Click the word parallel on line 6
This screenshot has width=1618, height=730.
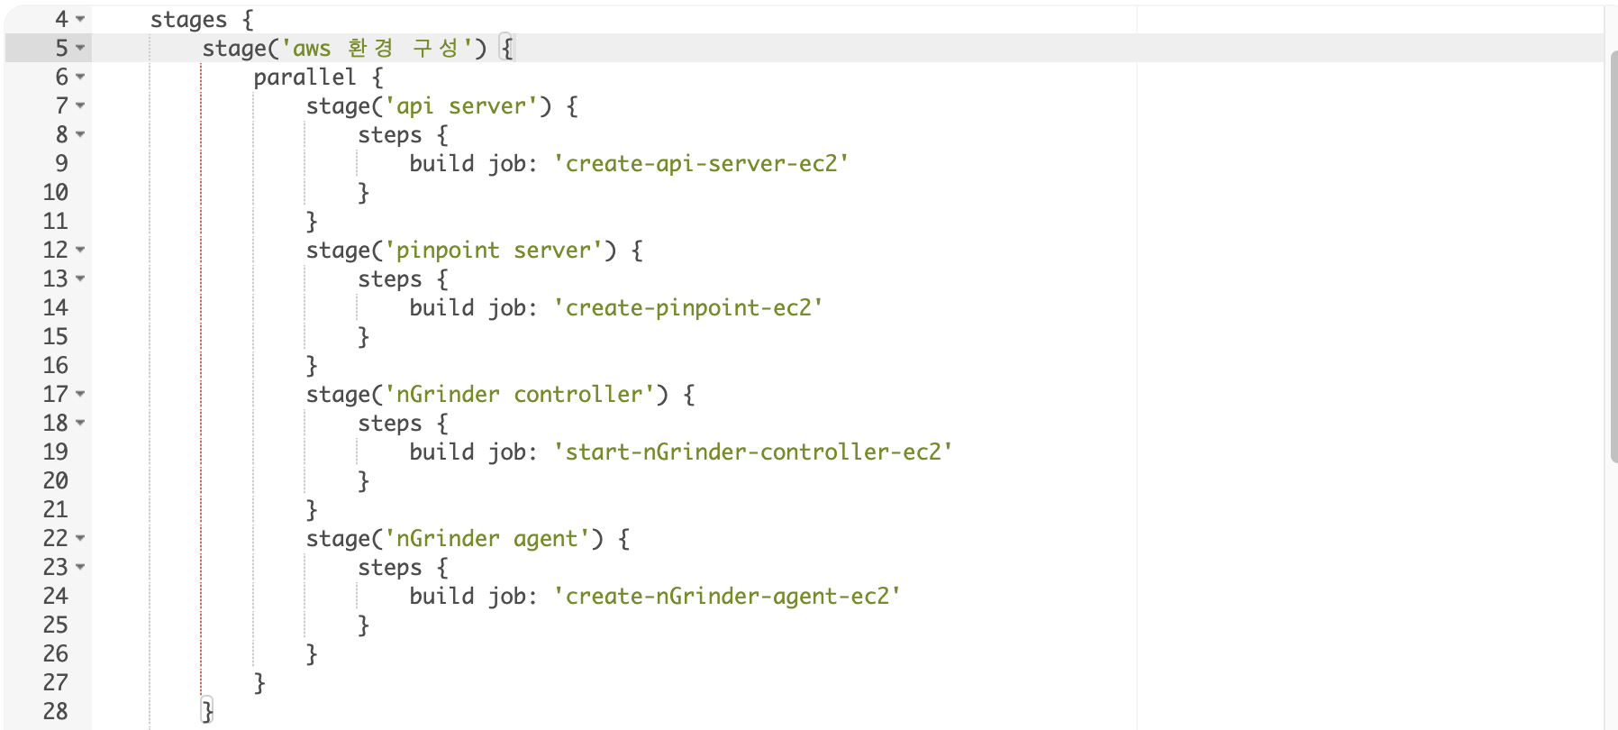click(305, 78)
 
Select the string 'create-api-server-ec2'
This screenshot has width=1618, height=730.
click(701, 164)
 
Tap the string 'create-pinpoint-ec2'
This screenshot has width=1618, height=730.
click(687, 308)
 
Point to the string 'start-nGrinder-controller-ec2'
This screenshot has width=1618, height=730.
click(753, 452)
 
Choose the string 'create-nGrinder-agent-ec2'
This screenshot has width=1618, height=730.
click(727, 597)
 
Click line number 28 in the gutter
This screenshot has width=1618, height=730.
click(55, 712)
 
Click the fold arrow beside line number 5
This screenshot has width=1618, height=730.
click(80, 48)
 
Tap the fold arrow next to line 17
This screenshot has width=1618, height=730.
click(80, 394)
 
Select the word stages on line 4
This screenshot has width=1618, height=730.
click(188, 20)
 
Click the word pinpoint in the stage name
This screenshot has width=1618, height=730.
click(448, 251)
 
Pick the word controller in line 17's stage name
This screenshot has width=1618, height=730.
click(577, 395)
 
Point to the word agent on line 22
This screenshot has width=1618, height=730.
click(545, 539)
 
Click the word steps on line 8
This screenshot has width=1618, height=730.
click(389, 135)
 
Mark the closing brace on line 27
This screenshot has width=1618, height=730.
click(259, 683)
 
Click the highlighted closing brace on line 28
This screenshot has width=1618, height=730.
click(207, 712)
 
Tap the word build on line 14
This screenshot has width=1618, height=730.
click(441, 308)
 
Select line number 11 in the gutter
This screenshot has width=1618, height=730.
click(55, 222)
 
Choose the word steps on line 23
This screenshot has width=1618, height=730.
click(389, 568)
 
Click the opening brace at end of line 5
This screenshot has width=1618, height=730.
click(506, 49)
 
